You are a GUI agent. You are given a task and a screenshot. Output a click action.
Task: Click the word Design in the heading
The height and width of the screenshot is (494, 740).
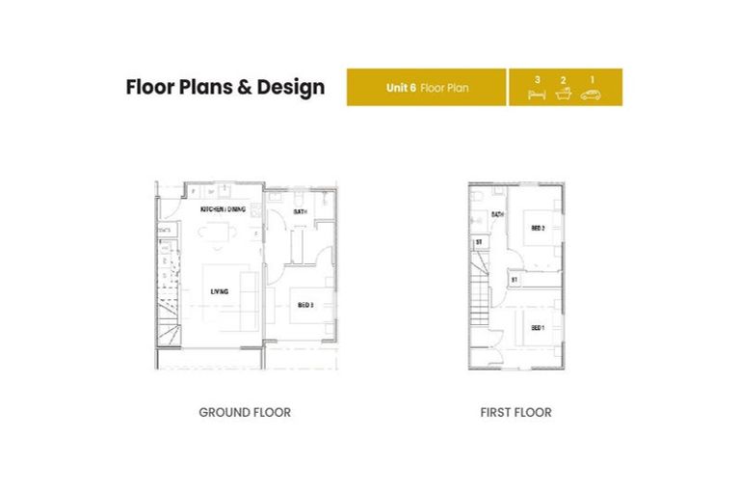coord(290,87)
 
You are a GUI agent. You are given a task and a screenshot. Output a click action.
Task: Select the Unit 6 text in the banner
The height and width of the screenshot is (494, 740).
coord(401,87)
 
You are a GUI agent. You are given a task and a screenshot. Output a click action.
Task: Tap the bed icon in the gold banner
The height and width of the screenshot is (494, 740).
coord(538,95)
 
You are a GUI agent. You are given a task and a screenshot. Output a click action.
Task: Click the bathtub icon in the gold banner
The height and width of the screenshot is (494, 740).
coord(565,95)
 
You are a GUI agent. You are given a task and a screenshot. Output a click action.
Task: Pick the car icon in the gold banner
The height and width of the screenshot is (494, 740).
coord(591,95)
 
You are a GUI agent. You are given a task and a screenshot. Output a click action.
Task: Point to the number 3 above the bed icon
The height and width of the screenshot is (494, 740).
coord(538,79)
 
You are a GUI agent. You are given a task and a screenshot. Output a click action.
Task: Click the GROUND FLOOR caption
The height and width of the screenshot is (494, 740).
coord(245,412)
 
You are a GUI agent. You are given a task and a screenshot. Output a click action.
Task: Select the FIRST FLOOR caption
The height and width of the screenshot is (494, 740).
coord(515,412)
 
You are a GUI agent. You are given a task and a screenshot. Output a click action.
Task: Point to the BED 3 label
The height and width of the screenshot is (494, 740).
coord(305,305)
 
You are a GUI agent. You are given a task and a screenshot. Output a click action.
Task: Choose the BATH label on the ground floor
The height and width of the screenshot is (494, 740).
coord(300,211)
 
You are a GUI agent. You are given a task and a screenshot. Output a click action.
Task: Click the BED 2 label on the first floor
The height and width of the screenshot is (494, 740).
coord(538,228)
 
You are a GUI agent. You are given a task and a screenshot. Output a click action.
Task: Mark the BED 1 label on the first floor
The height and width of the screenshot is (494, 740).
coord(538,327)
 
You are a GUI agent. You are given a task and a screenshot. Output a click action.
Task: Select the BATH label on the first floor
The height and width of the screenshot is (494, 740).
coord(498,214)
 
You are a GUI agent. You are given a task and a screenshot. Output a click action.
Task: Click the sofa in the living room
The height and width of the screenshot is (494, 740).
coord(248,294)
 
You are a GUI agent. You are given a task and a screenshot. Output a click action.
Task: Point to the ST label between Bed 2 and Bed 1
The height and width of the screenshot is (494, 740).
coord(515,280)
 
